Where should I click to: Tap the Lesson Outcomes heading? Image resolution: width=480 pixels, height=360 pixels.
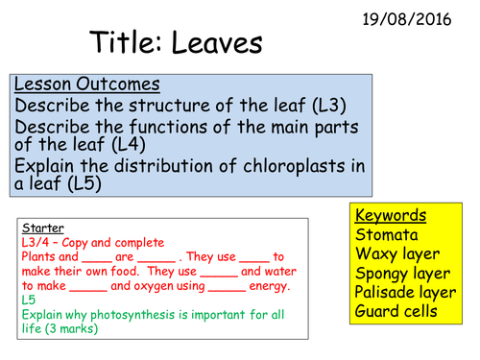86,84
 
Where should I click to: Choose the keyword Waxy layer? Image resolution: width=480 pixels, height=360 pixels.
397,253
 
